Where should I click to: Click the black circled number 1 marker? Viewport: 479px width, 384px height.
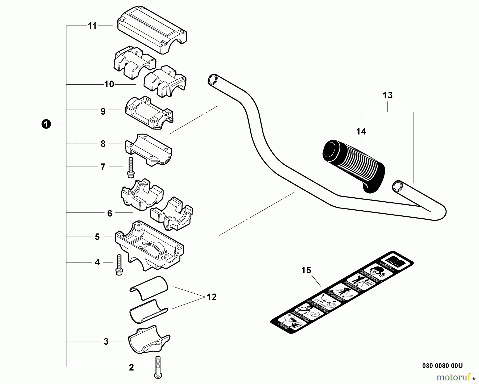46,124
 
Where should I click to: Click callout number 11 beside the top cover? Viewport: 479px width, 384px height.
92,26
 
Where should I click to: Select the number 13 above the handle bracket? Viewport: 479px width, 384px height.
387,95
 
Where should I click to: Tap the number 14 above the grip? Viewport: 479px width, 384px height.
361,131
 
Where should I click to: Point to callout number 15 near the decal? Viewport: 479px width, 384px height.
306,270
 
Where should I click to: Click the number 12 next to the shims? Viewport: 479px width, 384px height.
212,297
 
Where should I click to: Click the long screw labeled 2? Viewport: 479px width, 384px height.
158,368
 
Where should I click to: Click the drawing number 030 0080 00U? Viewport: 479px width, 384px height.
442,366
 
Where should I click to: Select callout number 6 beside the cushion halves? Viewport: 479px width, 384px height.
110,213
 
